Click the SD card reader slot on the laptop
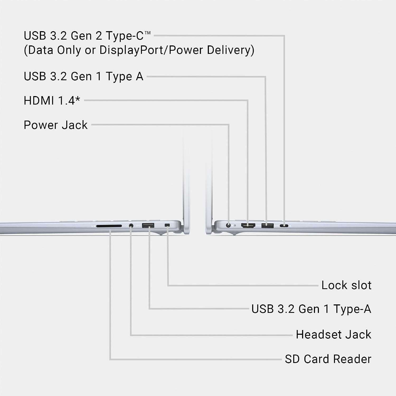tap(109, 226)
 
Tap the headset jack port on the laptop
tap(131, 226)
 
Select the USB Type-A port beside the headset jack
tap(148, 225)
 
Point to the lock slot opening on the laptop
tap(167, 225)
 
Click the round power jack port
tap(228, 225)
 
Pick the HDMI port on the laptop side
tap(248, 225)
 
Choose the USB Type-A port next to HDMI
tap(267, 226)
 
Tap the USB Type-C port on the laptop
tap(284, 226)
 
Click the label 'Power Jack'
tap(55, 125)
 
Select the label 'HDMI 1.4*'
tap(52, 101)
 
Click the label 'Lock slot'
tap(346, 285)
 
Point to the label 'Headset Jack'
tap(334, 334)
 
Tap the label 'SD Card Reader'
tap(328, 359)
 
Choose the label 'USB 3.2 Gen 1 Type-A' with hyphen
tap(311, 309)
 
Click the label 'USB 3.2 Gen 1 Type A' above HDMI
tap(83, 77)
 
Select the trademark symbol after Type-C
tap(148, 33)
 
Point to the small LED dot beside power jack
tap(235, 225)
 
